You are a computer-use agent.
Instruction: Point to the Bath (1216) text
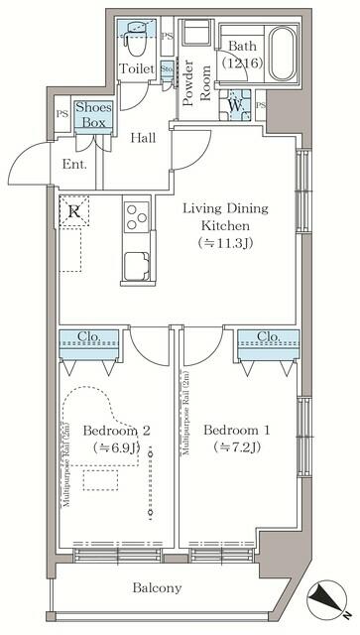click(x=242, y=55)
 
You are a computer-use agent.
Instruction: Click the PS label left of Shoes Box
click(x=62, y=113)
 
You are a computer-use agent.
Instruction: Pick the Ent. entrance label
click(x=75, y=165)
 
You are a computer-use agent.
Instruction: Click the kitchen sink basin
click(x=135, y=267)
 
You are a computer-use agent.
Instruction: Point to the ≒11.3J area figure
click(x=225, y=242)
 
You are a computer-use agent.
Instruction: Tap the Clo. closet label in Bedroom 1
click(x=267, y=336)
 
